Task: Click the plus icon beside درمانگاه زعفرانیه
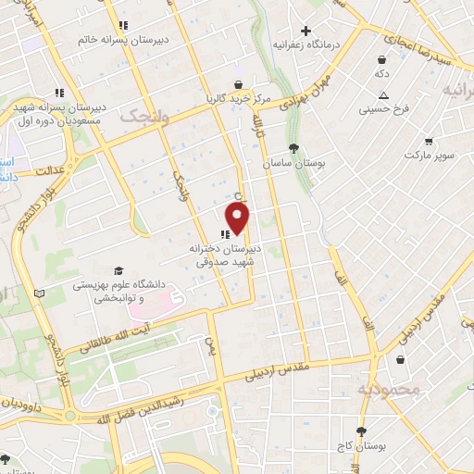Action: (x=306, y=31)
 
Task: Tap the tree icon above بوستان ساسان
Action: (x=293, y=148)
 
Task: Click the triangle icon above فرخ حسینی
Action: (x=383, y=95)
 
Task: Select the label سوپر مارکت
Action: (x=428, y=154)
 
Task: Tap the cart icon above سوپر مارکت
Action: (x=428, y=142)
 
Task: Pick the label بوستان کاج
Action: (x=361, y=446)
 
